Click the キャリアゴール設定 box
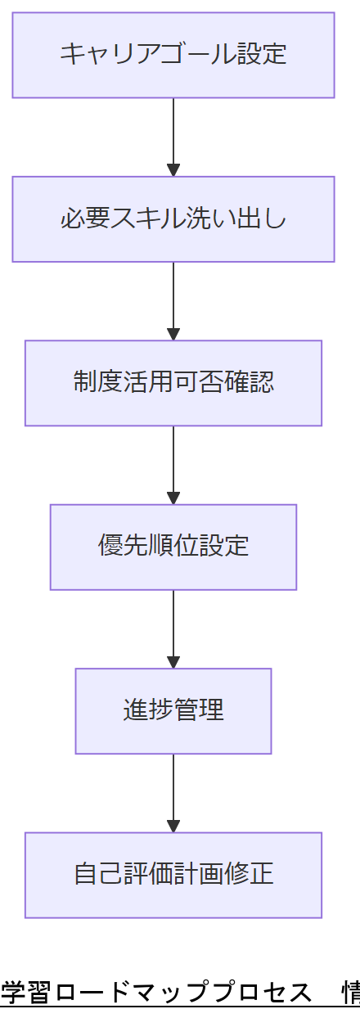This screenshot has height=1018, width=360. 173,55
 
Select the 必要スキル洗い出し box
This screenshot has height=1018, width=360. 173,219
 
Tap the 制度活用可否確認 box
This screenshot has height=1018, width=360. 173,383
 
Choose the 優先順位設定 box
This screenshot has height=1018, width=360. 173,547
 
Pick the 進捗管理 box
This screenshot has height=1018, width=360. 173,711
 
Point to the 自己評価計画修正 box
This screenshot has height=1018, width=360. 173,875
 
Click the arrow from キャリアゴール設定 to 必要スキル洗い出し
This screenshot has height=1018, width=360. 173,135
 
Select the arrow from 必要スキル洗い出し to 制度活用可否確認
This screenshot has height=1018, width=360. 173,299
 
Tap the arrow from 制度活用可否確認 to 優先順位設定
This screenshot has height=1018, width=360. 173,462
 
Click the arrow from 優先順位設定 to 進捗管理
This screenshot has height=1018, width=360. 173,627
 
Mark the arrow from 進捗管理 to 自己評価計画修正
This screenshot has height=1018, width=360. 173,791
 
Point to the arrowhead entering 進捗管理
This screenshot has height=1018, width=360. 173,662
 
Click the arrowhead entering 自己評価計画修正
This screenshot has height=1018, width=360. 173,826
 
